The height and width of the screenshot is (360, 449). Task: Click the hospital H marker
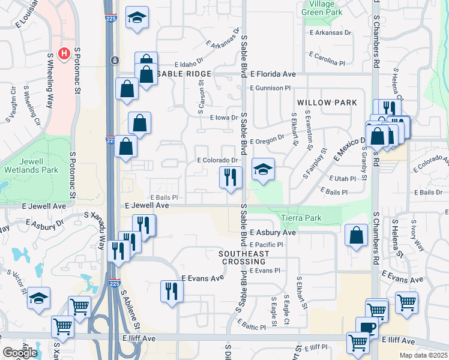click(x=64, y=54)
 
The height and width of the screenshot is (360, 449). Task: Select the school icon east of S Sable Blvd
click(x=263, y=170)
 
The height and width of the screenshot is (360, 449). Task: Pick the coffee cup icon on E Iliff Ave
click(x=367, y=328)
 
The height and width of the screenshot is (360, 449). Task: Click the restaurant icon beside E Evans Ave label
click(x=172, y=292)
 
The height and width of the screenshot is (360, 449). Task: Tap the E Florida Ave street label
click(x=273, y=74)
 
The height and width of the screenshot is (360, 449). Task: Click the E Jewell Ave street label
click(x=146, y=205)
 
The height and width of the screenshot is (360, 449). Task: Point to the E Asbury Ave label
click(x=273, y=232)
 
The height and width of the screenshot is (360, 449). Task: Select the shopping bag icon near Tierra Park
click(x=357, y=236)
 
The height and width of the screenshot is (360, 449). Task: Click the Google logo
click(x=20, y=353)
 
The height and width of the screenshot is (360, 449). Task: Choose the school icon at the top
click(x=137, y=18)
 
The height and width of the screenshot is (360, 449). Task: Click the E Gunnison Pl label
click(x=270, y=88)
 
